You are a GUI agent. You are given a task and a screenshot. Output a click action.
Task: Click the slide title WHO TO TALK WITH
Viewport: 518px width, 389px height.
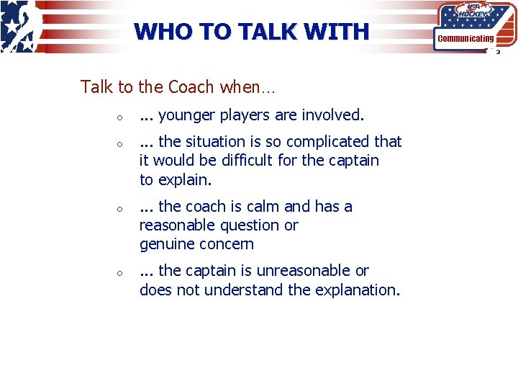[x=251, y=32]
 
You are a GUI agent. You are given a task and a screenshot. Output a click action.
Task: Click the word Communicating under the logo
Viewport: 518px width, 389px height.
[x=465, y=38]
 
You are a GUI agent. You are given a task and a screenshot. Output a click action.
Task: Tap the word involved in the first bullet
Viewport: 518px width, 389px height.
[x=333, y=115]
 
